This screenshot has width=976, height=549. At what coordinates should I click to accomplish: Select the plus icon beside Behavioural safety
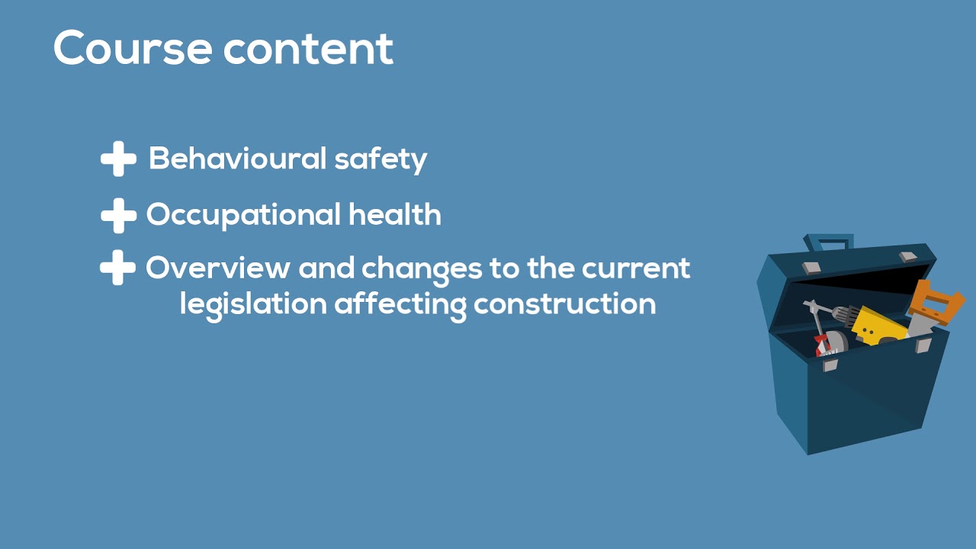118,159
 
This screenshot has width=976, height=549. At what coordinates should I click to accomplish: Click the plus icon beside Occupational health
118,216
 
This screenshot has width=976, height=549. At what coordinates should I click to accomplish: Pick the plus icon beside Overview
118,269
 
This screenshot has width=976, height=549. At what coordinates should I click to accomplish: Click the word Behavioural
237,159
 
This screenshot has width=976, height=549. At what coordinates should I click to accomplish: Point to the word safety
380,159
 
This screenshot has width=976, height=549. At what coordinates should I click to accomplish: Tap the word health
395,215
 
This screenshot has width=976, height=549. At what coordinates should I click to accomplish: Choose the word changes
421,269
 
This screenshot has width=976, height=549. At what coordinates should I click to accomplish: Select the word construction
564,304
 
